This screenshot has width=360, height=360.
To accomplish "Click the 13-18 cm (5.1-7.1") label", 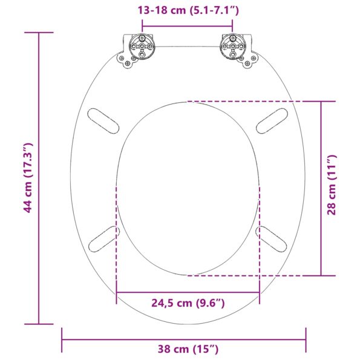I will (187, 10).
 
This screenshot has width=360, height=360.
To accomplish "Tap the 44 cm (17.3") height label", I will (27, 178).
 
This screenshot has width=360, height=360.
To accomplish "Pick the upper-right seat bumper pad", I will (272, 120).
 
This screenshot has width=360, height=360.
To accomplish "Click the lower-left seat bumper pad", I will (103, 240).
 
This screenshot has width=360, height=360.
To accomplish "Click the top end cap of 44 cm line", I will (38, 33).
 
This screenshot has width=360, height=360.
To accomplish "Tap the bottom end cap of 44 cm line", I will (38, 324).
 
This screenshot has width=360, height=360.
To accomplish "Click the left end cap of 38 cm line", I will (62, 339).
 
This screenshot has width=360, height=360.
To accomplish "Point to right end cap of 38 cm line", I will (306, 339).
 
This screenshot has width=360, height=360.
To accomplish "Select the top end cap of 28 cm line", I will (321, 101).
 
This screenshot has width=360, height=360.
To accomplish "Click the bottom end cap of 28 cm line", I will (321, 275).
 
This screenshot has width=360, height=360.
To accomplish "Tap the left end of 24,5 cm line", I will (116, 293).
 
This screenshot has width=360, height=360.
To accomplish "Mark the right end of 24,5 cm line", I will (260, 293).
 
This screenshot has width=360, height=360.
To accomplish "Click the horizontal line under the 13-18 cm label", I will (187, 25).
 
